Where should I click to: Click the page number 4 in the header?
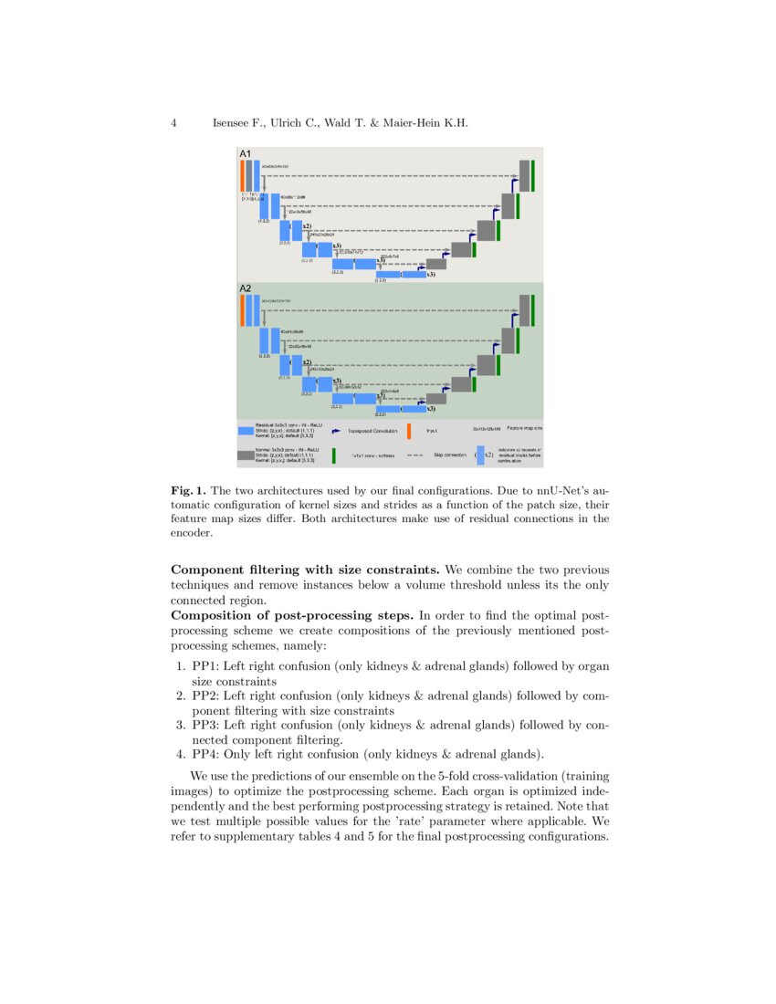173,122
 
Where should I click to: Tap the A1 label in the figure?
246,154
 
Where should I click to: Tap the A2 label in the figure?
246,288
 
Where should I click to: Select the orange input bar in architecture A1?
242,175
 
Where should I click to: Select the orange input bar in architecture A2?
242,310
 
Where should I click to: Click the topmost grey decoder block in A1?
524,175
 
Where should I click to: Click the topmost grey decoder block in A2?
524,310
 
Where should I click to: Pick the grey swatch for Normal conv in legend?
246,455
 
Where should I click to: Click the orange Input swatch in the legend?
408,431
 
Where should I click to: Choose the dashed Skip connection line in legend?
414,455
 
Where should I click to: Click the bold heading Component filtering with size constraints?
293,570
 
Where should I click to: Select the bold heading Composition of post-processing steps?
292,616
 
